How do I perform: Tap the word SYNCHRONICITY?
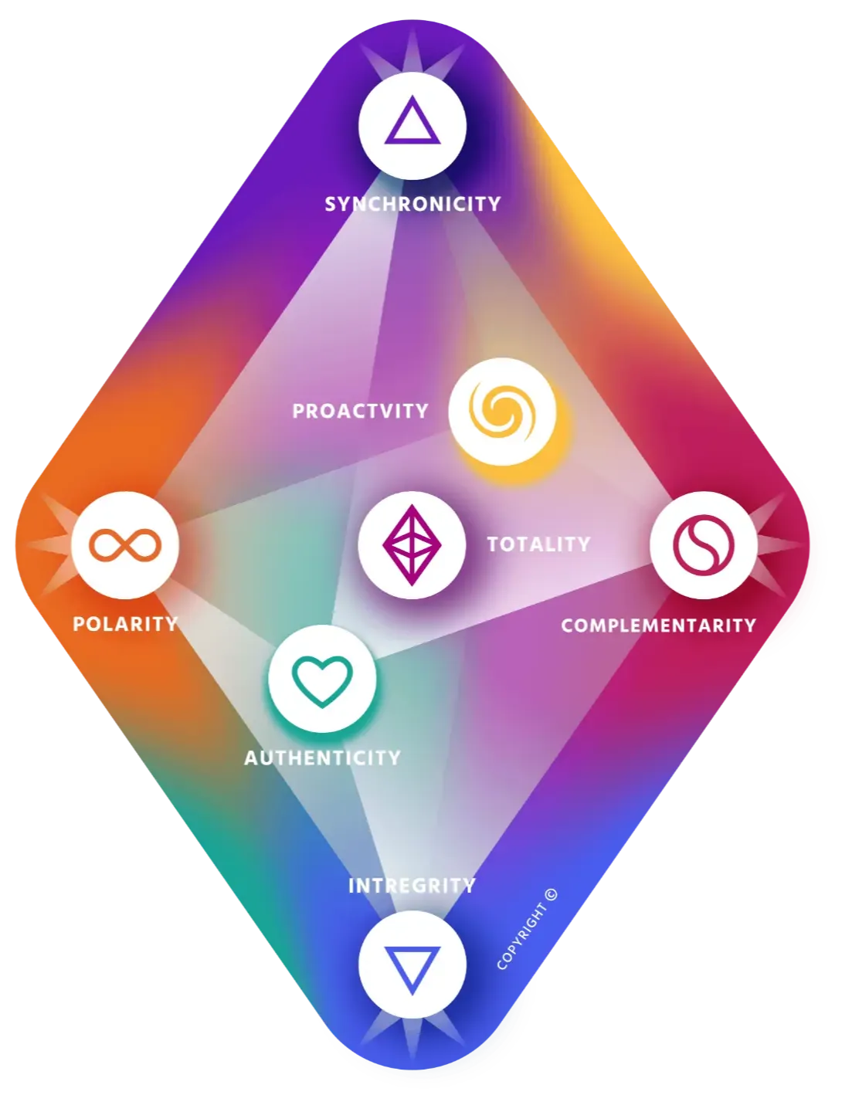(412, 204)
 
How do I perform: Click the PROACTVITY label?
(360, 410)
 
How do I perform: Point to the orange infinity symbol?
(125, 545)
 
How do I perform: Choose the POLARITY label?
(125, 623)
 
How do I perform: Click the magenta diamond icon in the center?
(412, 544)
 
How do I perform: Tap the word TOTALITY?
(538, 544)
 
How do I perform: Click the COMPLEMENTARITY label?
(658, 625)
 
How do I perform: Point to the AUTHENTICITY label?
(322, 758)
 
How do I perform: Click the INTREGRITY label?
(412, 885)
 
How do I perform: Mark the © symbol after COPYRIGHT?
(550, 896)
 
